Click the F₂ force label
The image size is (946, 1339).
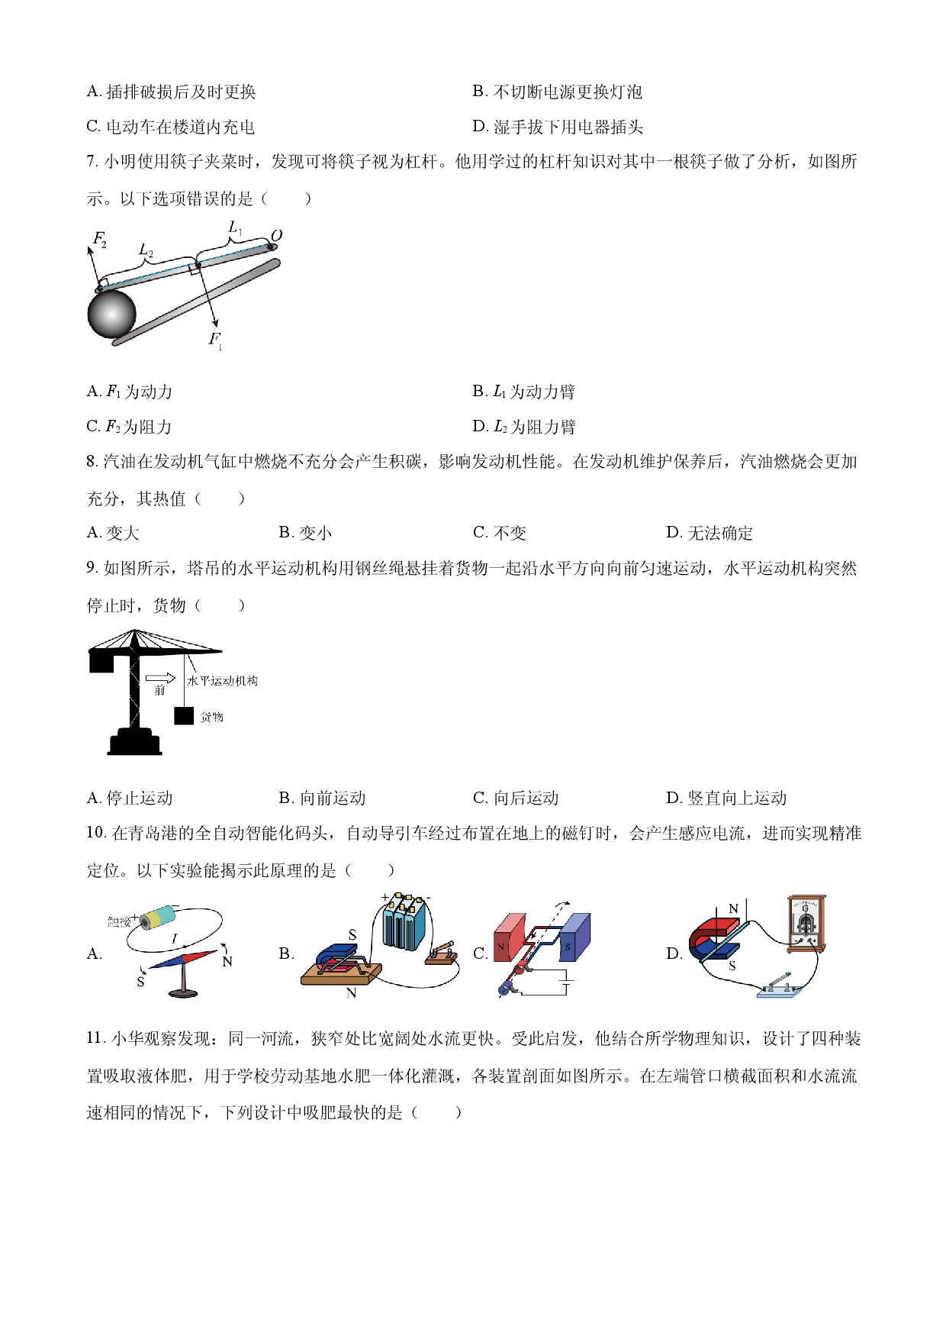(x=99, y=239)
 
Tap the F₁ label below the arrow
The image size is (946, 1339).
(x=216, y=339)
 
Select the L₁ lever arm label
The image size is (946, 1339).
(x=235, y=227)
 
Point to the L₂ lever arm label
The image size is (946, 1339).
(x=145, y=250)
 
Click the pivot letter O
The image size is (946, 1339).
(x=276, y=235)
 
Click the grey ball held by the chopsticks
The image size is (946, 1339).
(x=111, y=314)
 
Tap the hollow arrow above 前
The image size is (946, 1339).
(x=160, y=678)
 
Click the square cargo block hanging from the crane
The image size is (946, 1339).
(x=184, y=716)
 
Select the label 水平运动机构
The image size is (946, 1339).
(x=222, y=681)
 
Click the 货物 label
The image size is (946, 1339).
(x=212, y=717)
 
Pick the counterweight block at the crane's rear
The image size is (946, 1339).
(x=101, y=662)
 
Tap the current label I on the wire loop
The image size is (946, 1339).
(x=175, y=938)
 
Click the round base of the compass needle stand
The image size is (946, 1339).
(x=182, y=993)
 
